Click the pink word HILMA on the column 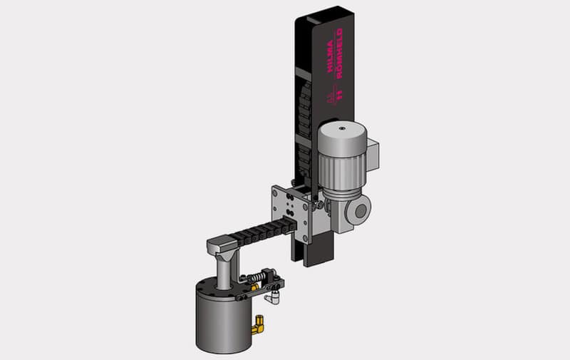[330, 56]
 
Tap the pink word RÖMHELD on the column [339, 53]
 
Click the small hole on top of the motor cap [342, 128]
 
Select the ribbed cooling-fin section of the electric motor [341, 170]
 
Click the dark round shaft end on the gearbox [361, 211]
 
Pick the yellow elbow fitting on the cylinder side [258, 326]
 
